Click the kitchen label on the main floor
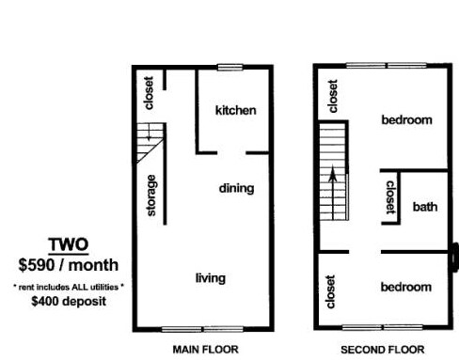pyautogui.click(x=235, y=111)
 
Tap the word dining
pyautogui.click(x=236, y=188)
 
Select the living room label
pyautogui.click(x=210, y=278)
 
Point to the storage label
pyautogui.click(x=151, y=195)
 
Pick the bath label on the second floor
pyautogui.click(x=425, y=206)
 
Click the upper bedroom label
pyautogui.click(x=405, y=119)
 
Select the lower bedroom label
pyautogui.click(x=405, y=287)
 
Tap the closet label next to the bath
pyautogui.click(x=390, y=197)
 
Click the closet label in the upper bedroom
pyautogui.click(x=331, y=96)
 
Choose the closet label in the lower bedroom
pyautogui.click(x=330, y=291)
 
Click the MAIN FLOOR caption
pyautogui.click(x=201, y=349)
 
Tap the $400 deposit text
pyautogui.click(x=68, y=302)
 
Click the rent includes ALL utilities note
pyautogui.click(x=68, y=284)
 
